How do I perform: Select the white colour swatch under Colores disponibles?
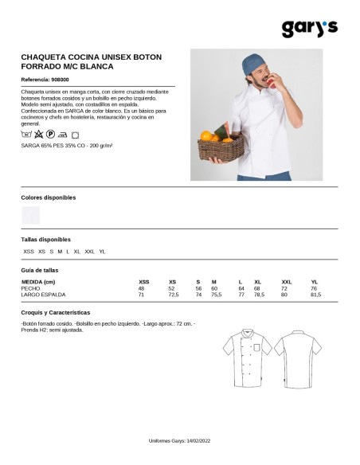click(x=31, y=214)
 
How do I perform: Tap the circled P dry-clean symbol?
click(x=50, y=136)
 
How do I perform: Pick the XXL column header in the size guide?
click(x=287, y=282)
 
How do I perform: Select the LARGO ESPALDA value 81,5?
click(x=315, y=295)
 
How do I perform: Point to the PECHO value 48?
click(x=142, y=288)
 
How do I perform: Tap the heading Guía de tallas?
click(x=40, y=270)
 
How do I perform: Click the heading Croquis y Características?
click(x=56, y=313)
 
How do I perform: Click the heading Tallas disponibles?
click(x=45, y=239)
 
